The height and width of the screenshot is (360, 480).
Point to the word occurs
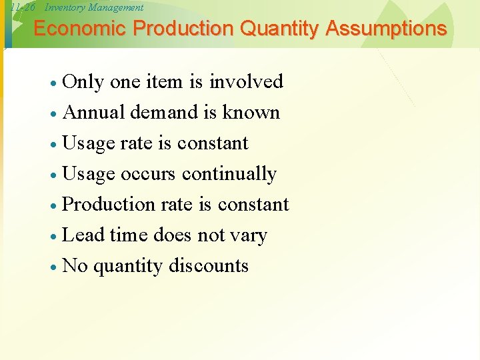tap(148, 174)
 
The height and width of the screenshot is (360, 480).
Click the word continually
tap(229, 174)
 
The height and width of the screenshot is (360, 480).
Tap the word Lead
tap(82, 235)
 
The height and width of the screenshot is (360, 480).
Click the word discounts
tap(209, 265)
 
